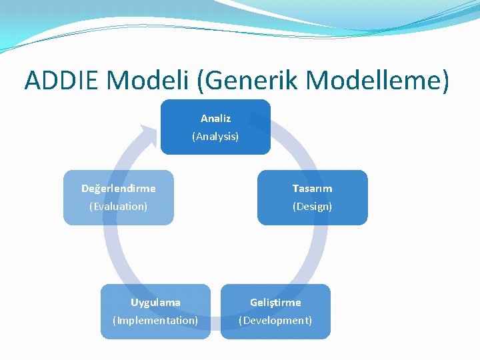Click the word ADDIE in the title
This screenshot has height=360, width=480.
coord(61,80)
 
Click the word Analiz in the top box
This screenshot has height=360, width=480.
coord(215,119)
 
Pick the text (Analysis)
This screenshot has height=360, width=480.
coord(215,136)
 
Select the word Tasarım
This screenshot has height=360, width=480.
coord(312,189)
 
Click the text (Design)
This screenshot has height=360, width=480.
coord(312,207)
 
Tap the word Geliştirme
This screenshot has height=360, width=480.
coord(275,303)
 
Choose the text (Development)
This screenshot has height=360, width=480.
coord(275,321)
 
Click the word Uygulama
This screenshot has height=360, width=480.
coord(155,303)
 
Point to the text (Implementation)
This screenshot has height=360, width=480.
coord(155,321)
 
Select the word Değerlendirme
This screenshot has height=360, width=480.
coord(119,189)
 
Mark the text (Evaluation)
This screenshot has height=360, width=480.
coord(119,207)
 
